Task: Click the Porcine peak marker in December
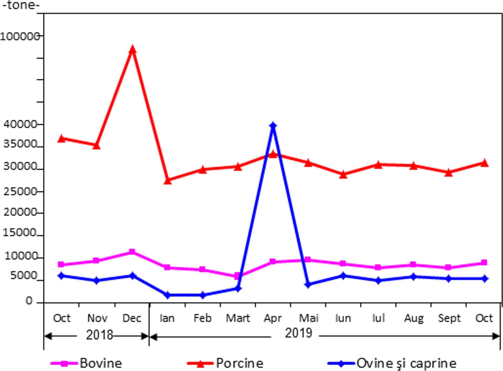point(132,49)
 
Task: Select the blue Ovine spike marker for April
point(273,126)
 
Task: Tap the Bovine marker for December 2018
point(132,252)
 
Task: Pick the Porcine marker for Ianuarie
point(168,181)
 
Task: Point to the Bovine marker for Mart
point(237,276)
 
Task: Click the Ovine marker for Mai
point(308,285)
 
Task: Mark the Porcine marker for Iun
point(343,175)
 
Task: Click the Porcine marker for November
point(96,146)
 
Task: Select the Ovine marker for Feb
point(203,295)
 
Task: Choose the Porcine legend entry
point(225,363)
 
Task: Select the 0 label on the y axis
point(29,301)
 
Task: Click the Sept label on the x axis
point(449,318)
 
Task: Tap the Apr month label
point(273,318)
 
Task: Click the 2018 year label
point(99,335)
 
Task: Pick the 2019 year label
point(298,333)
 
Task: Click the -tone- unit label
point(21,5)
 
